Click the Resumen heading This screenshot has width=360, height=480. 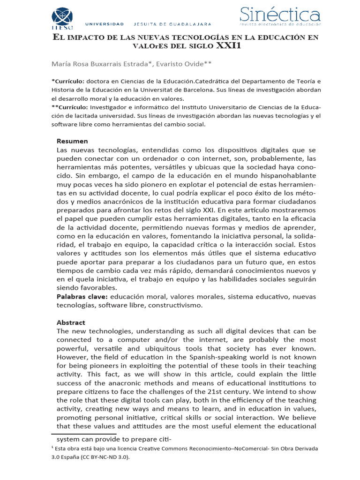(72, 141)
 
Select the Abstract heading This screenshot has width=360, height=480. (72, 322)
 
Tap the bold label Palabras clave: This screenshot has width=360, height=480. (82, 297)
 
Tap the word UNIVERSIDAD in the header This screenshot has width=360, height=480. (105, 24)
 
